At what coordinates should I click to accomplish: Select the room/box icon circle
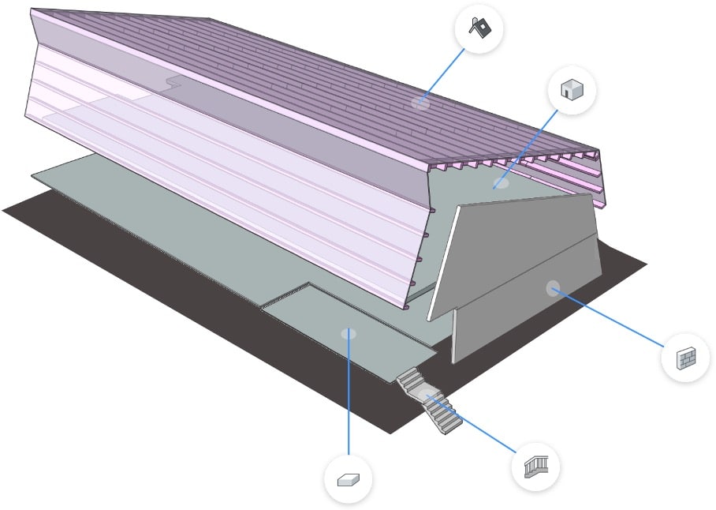click(570, 90)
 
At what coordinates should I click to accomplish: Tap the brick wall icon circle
click(685, 358)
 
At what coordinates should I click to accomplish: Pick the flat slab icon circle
click(348, 479)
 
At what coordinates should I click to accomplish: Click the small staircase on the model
click(431, 402)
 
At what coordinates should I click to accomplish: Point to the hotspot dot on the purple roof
click(421, 103)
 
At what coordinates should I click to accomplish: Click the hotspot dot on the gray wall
click(553, 287)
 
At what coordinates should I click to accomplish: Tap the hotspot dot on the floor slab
click(348, 333)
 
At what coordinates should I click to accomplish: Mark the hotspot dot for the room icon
click(500, 184)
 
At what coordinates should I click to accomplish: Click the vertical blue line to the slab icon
click(348, 395)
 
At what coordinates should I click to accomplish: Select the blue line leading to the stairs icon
click(473, 423)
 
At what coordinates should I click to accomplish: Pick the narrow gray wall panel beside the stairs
click(455, 336)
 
